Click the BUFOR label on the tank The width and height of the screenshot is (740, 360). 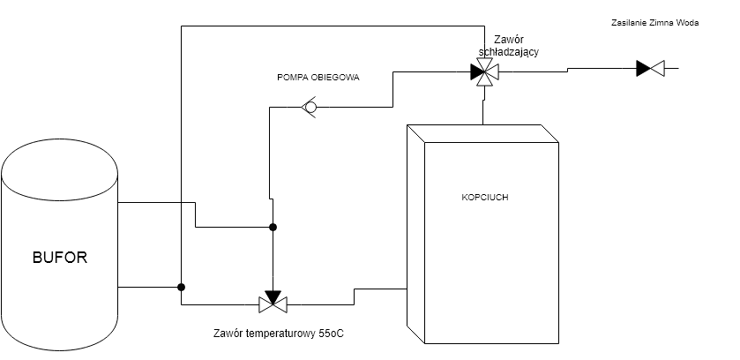tap(60, 259)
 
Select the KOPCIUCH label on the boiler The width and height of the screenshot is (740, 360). tap(484, 197)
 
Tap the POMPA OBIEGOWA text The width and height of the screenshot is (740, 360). tap(318, 77)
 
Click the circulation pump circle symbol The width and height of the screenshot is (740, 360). tap(310, 108)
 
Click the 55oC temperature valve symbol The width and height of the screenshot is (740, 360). tap(273, 303)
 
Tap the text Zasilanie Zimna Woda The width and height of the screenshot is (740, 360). tap(654, 24)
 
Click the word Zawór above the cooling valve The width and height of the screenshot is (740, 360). tap(509, 40)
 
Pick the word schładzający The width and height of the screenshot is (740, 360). tap(509, 52)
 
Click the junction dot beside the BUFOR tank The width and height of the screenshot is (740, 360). tap(181, 287)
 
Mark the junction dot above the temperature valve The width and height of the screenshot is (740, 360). tap(273, 228)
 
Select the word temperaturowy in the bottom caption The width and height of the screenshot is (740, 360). tap(280, 334)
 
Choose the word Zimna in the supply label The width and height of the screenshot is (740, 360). tap(662, 24)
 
